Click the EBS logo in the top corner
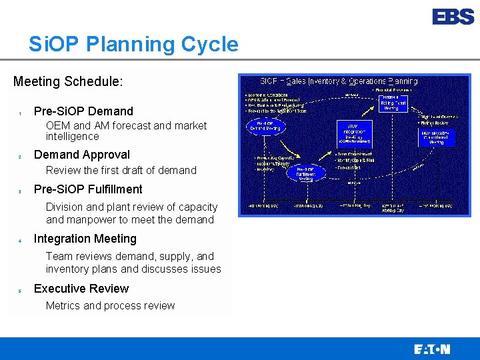[x=453, y=17]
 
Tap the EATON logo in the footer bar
[x=431, y=349]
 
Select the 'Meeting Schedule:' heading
[x=68, y=81]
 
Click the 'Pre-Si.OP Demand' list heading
[x=83, y=111]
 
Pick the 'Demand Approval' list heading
[x=82, y=155]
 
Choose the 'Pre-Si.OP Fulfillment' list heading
[x=88, y=189]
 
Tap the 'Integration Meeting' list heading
[x=85, y=239]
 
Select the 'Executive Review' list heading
[x=81, y=289]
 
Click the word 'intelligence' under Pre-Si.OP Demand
[x=72, y=137]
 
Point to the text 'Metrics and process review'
[x=110, y=306]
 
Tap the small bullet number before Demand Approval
[x=20, y=157]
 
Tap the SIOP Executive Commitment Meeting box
[x=437, y=137]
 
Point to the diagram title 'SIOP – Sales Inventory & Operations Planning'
[x=339, y=81]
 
